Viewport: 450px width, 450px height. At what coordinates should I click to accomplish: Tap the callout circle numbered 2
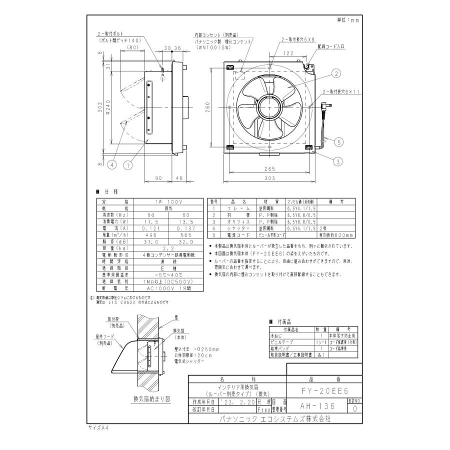click(x=337, y=73)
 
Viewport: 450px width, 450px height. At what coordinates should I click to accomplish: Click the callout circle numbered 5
click(x=338, y=142)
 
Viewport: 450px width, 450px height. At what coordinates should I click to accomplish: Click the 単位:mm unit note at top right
click(x=348, y=20)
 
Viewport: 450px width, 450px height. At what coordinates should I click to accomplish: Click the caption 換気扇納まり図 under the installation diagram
click(x=151, y=399)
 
